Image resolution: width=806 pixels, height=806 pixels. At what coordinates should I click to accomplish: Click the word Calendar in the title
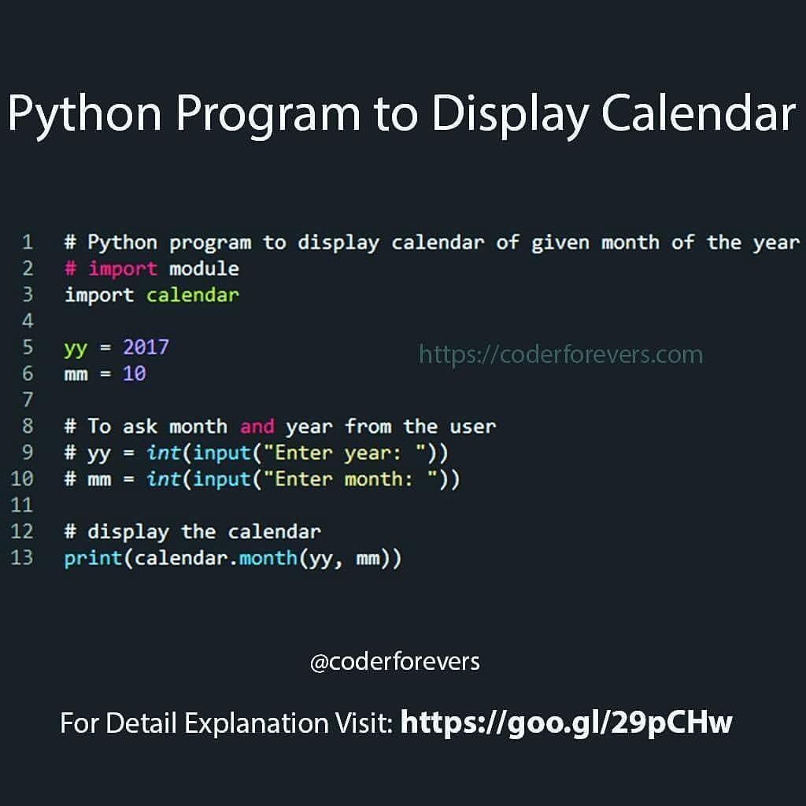pyautogui.click(x=699, y=113)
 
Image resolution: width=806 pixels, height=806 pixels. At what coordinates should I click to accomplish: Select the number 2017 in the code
pyautogui.click(x=146, y=347)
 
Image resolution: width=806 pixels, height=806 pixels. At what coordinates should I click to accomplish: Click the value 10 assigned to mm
pyautogui.click(x=134, y=374)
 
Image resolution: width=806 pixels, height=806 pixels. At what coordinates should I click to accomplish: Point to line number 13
pyautogui.click(x=21, y=558)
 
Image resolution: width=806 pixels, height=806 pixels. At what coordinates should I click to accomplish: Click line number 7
pyautogui.click(x=28, y=400)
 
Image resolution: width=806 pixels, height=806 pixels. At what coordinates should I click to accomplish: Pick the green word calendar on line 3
pyautogui.click(x=193, y=295)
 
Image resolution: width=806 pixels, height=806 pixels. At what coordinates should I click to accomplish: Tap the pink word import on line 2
pyautogui.click(x=123, y=269)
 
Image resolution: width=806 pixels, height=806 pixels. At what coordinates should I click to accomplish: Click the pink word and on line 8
pyautogui.click(x=257, y=426)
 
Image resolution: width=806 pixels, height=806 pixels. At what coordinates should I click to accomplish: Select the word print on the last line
pyautogui.click(x=93, y=559)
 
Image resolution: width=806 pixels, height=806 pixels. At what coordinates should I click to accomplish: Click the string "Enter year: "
pyautogui.click(x=345, y=453)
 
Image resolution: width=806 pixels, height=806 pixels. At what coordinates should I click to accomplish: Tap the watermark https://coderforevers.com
pyautogui.click(x=560, y=355)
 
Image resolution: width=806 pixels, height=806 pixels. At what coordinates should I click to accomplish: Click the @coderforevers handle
pyautogui.click(x=395, y=662)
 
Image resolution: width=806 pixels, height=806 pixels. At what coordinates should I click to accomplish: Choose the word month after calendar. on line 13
pyautogui.click(x=268, y=558)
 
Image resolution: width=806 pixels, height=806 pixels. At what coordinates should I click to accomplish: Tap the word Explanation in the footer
pyautogui.click(x=257, y=724)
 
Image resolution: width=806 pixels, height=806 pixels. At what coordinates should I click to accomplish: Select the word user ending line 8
pyautogui.click(x=473, y=427)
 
